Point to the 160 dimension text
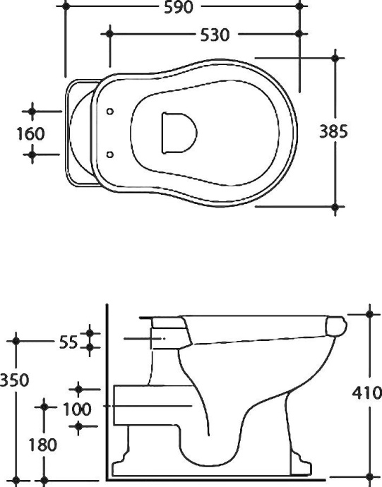point(31,133)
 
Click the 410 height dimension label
point(366,393)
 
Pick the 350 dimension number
point(15,380)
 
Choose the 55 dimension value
point(68,342)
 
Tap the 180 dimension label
point(43,445)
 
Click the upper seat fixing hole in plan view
point(110,112)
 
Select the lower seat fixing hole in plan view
point(110,153)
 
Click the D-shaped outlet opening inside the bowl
point(177,132)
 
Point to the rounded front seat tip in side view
point(338,325)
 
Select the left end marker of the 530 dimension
point(109,33)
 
